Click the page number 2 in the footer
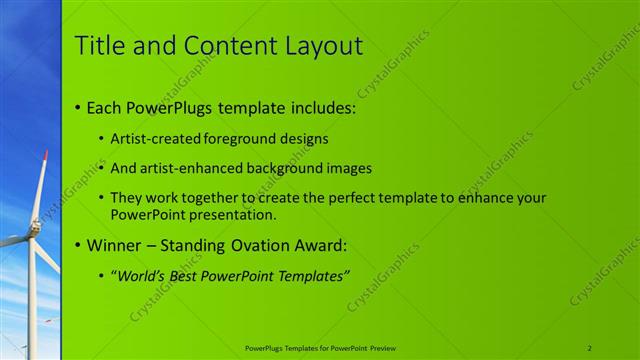tap(590, 348)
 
